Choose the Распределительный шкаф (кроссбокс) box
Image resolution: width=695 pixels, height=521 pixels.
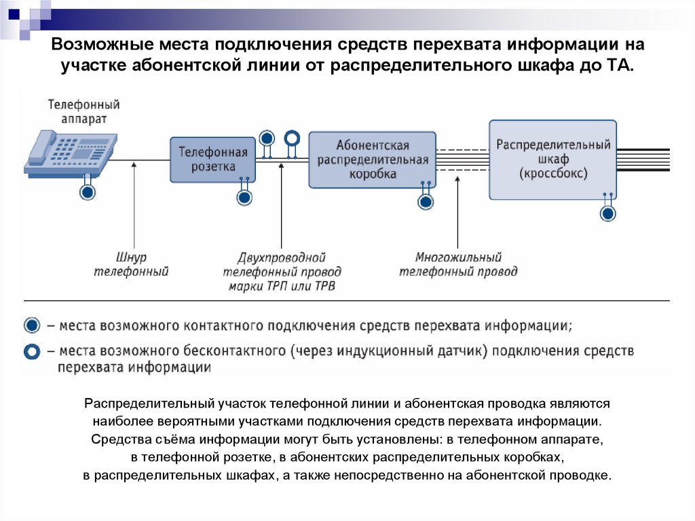[x=553, y=160]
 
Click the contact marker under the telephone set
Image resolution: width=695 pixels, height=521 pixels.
[x=88, y=193]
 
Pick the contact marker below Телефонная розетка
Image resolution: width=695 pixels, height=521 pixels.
[x=244, y=198]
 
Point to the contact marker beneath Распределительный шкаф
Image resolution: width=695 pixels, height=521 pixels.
[x=608, y=213]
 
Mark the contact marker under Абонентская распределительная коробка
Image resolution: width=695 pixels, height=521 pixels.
[x=426, y=202]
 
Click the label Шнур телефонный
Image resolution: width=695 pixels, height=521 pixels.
[x=132, y=265]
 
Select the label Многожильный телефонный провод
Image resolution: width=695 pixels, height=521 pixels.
[x=458, y=265]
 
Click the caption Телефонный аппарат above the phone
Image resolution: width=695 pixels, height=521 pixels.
[x=84, y=111]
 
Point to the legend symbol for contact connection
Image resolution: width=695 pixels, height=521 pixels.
[x=32, y=326]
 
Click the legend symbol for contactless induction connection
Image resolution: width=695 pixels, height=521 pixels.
[x=32, y=352]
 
